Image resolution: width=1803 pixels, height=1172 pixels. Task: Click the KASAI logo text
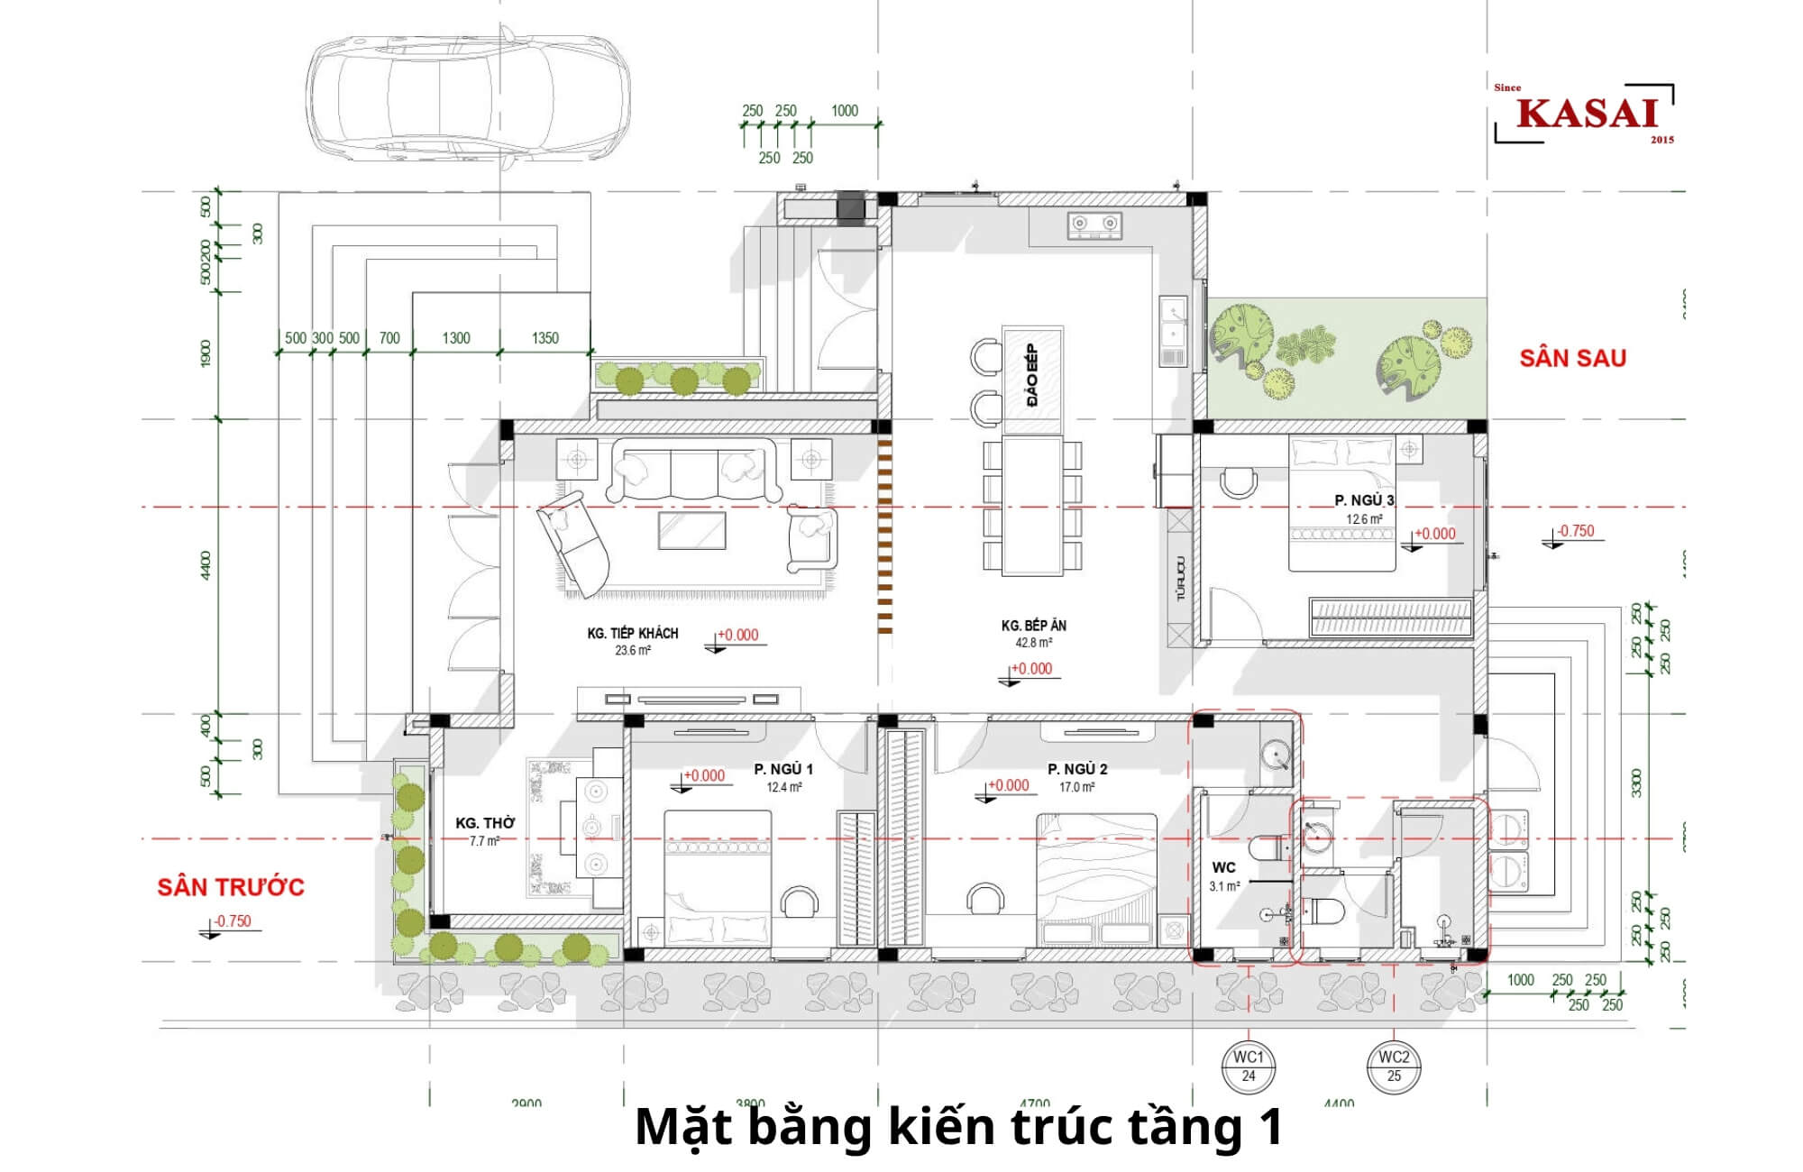click(x=1588, y=114)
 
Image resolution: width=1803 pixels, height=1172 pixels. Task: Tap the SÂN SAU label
click(x=1572, y=358)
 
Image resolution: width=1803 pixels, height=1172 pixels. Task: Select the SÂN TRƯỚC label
click(x=231, y=887)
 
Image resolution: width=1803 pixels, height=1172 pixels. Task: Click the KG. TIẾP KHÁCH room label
click(x=632, y=634)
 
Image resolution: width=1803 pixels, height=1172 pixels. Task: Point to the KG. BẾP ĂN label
click(x=1033, y=626)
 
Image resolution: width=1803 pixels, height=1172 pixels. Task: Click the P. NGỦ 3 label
click(x=1364, y=500)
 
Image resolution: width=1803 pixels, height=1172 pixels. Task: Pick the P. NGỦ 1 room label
click(x=783, y=769)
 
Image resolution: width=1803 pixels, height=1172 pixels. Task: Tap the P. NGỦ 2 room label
click(x=1077, y=769)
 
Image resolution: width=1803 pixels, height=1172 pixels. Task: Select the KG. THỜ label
click(x=485, y=823)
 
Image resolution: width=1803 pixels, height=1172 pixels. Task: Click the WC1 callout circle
click(x=1248, y=1066)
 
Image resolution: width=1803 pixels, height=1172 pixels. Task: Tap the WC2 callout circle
click(x=1394, y=1066)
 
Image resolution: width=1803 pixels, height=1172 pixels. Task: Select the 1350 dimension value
click(x=545, y=338)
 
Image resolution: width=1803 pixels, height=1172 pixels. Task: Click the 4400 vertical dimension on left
click(x=206, y=565)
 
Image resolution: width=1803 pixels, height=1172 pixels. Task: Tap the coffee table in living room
click(x=691, y=530)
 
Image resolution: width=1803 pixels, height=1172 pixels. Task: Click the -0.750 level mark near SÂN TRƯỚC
click(x=233, y=921)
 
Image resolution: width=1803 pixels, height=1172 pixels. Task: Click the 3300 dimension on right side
click(x=1636, y=783)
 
